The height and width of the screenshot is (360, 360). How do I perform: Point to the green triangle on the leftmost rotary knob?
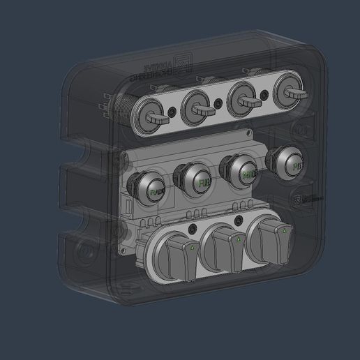pyautogui.click(x=192, y=247)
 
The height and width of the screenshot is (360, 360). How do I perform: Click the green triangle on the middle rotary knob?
pyautogui.click(x=239, y=239)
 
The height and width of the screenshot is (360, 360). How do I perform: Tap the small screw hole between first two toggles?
pyautogui.click(x=176, y=111)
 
